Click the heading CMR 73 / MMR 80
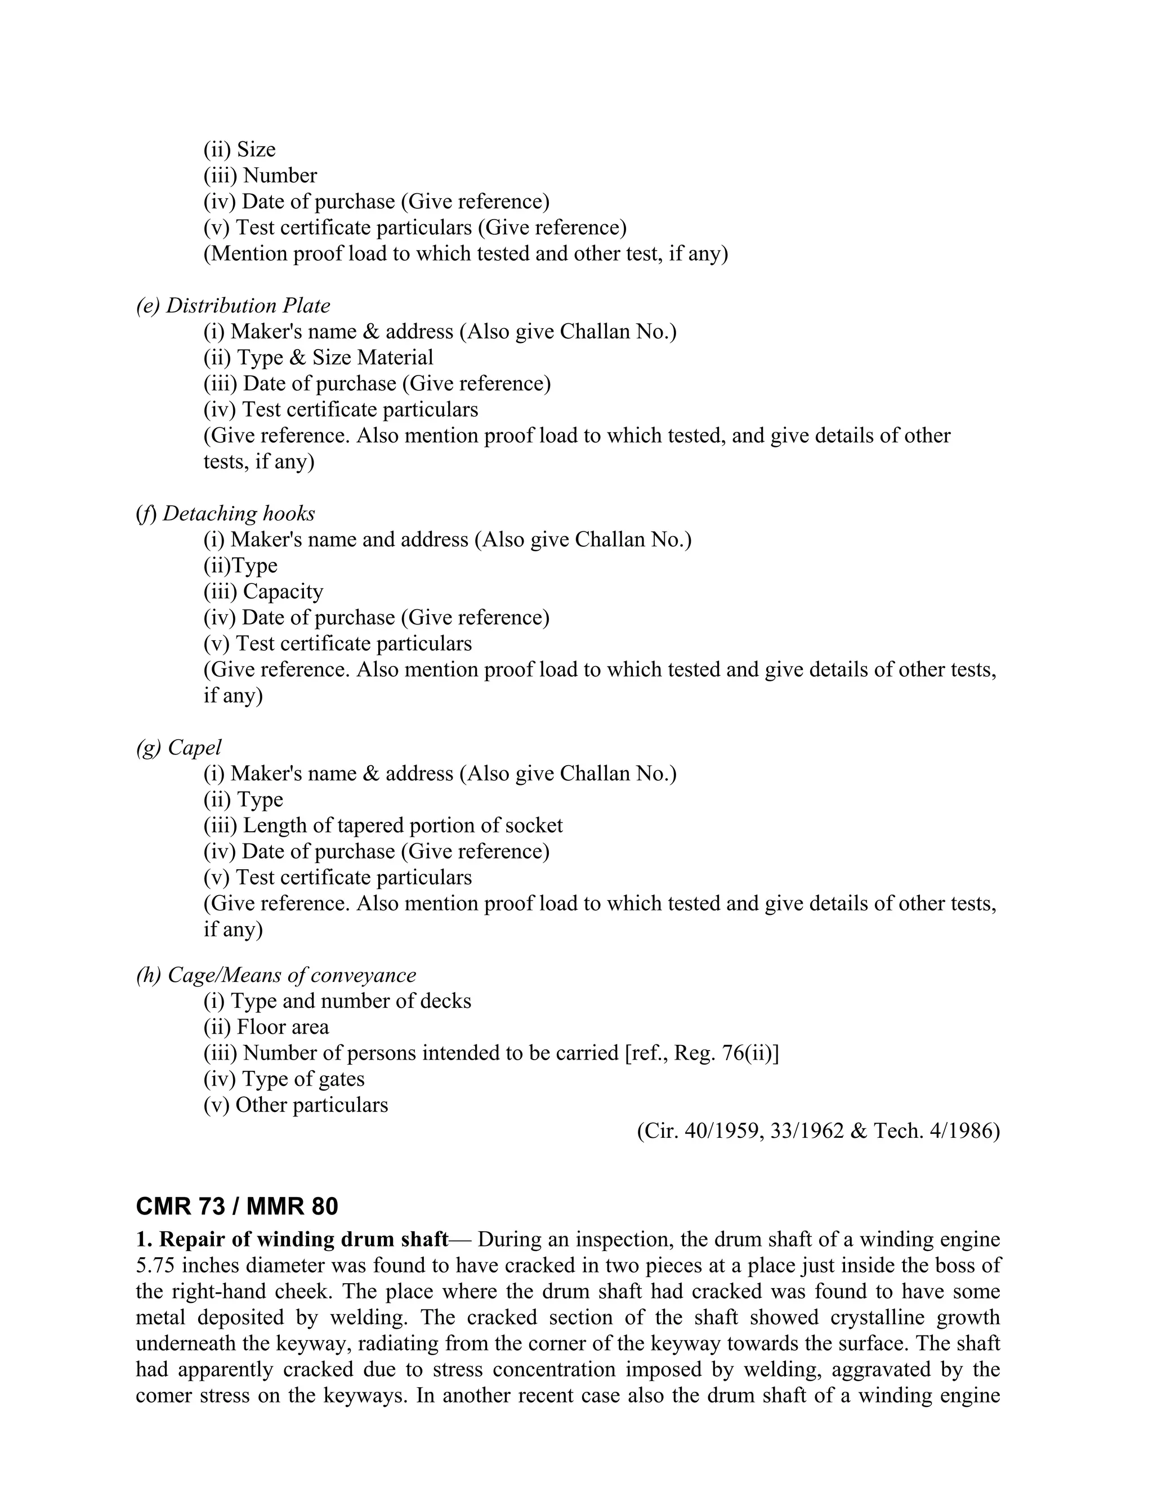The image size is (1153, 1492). (x=236, y=1207)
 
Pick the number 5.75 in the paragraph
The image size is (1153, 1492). (x=156, y=1265)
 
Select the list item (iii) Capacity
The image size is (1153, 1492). (x=263, y=591)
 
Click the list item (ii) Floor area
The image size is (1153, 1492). (x=266, y=1027)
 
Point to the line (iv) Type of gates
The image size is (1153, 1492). (x=284, y=1079)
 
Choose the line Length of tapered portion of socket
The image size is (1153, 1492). (x=403, y=825)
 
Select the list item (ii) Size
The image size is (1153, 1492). (x=239, y=150)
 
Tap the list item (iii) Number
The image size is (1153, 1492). (x=260, y=176)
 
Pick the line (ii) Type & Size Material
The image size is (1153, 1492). (x=318, y=358)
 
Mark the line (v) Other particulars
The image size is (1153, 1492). (x=295, y=1105)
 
